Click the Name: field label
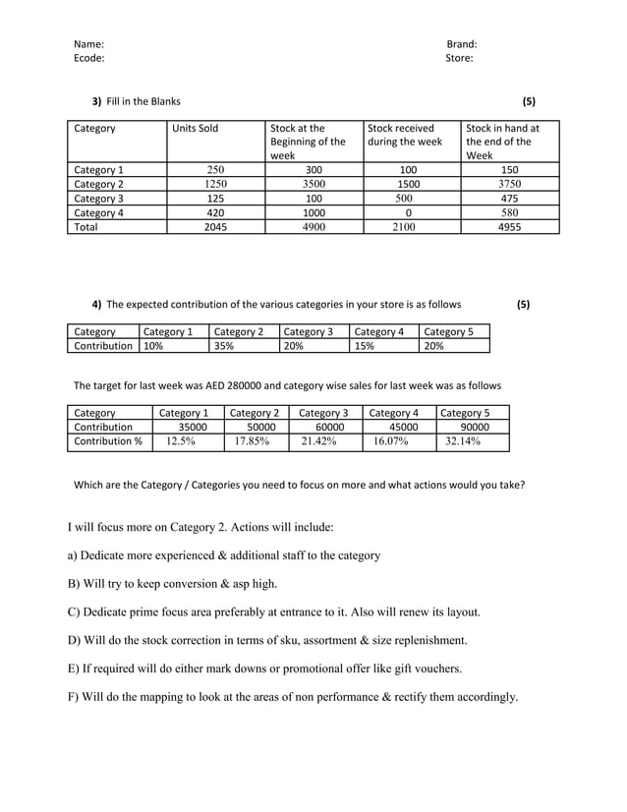tap(88, 44)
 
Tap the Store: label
tap(459, 58)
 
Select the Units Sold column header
tap(195, 129)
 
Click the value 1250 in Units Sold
tap(215, 184)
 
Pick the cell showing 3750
tap(509, 184)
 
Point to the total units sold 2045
tap(215, 226)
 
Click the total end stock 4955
tap(509, 226)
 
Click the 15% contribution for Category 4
tap(365, 346)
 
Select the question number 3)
tap(96, 101)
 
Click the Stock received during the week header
tap(405, 136)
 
